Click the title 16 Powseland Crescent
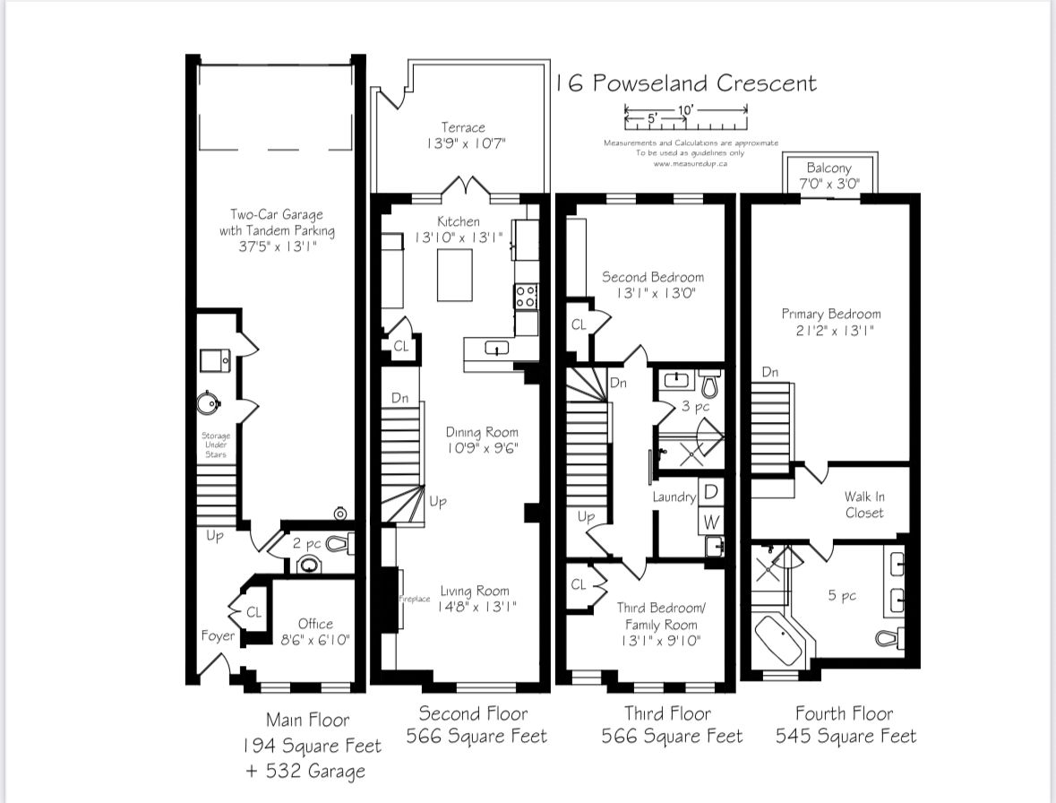[685, 84]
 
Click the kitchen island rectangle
[455, 275]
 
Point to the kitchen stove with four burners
[526, 296]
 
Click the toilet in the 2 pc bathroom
[339, 542]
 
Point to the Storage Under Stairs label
[215, 445]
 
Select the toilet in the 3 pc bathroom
[710, 385]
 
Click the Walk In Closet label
[863, 505]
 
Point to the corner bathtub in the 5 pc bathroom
[779, 639]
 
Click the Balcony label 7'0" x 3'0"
[828, 177]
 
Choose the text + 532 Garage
[305, 772]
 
